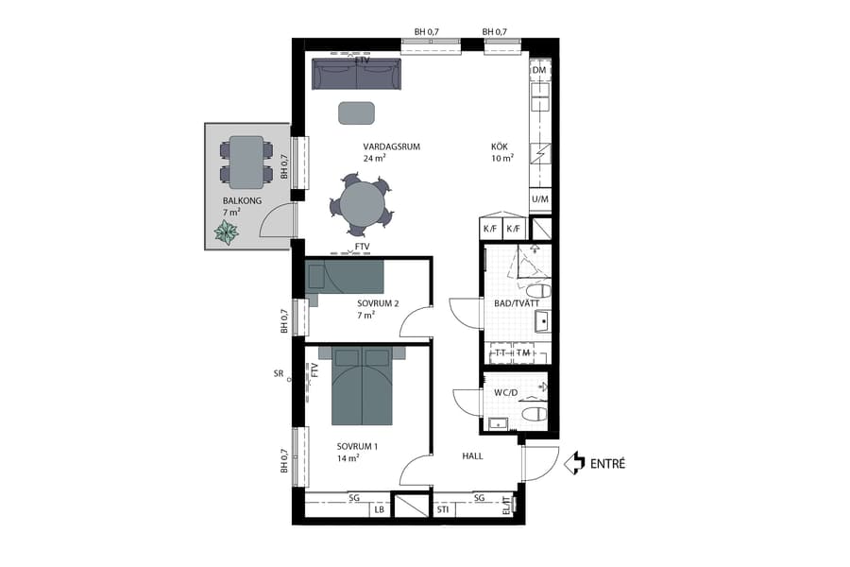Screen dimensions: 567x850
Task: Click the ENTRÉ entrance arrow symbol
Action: (573, 463)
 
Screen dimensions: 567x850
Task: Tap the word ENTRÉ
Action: (607, 464)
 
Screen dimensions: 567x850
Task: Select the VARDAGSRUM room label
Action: (391, 146)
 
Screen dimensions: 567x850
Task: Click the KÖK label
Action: (500, 146)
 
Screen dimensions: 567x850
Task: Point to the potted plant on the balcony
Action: (227, 232)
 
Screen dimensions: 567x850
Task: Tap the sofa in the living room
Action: (357, 74)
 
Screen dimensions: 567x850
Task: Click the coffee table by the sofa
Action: (357, 112)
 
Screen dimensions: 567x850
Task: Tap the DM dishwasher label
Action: (539, 71)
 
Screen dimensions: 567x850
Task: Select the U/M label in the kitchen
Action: (539, 199)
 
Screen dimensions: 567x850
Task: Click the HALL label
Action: (472, 455)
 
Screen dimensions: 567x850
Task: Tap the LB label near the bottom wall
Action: (380, 510)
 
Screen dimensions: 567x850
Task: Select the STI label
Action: (443, 510)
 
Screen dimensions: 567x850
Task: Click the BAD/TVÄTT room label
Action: (517, 303)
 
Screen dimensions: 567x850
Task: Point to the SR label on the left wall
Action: (279, 374)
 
